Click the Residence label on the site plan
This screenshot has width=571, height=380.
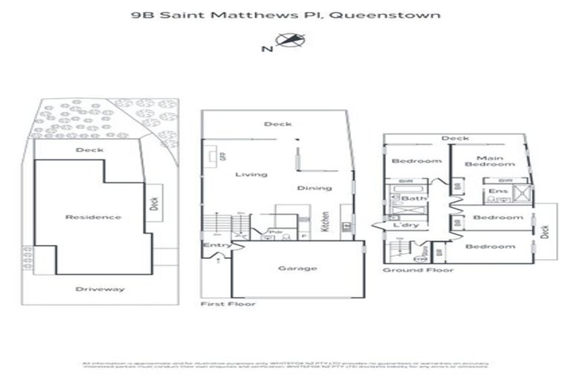[93, 217]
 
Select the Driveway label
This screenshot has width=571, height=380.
[100, 289]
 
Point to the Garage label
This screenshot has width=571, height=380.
[297, 268]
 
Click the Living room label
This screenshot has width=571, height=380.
[251, 174]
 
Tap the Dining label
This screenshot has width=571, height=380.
[314, 188]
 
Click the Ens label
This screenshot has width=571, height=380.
[494, 191]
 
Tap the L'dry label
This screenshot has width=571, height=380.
[407, 224]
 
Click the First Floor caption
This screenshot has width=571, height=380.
[228, 304]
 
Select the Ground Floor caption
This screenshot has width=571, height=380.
[418, 269]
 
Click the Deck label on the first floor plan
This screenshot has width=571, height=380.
[277, 124]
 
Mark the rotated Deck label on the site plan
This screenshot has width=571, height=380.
[154, 203]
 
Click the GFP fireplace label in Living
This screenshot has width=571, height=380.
[222, 157]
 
